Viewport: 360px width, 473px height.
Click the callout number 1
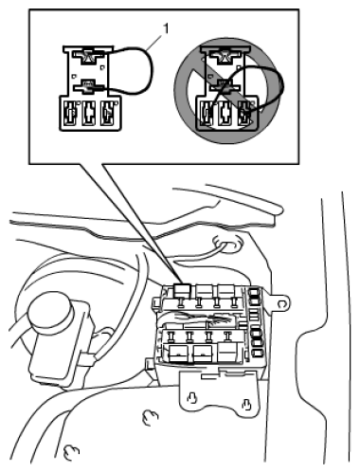point(166,28)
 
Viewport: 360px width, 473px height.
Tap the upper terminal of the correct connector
point(88,55)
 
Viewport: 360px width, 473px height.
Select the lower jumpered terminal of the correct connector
point(89,86)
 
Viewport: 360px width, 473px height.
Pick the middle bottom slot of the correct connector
point(90,112)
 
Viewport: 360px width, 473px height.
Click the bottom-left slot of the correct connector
point(71,112)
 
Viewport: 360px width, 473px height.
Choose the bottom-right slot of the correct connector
point(109,112)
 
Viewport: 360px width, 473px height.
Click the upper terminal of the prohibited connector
point(225,56)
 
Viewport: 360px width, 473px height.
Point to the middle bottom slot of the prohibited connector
point(226,114)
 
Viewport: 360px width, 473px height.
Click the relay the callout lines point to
point(182,290)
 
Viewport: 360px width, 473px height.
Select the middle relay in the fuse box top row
point(204,290)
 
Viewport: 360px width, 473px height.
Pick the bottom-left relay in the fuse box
point(178,354)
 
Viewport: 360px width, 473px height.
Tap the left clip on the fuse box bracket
point(192,397)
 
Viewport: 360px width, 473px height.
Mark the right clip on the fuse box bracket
point(246,404)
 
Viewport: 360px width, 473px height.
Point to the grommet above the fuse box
point(226,243)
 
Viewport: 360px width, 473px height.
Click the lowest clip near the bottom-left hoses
point(71,452)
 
